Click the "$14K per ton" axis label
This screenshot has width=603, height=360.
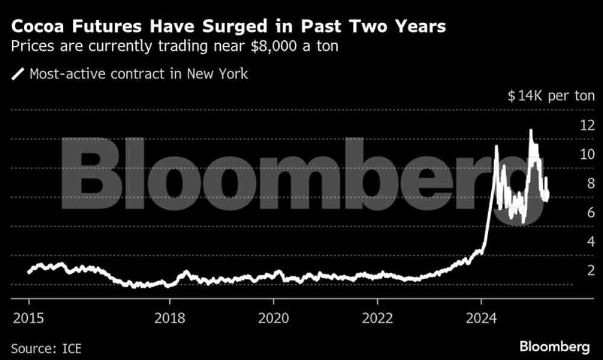(x=551, y=96)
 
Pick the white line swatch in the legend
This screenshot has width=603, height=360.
(x=18, y=75)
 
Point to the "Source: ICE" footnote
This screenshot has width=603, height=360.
(x=46, y=348)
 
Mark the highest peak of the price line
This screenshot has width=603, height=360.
(x=531, y=130)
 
